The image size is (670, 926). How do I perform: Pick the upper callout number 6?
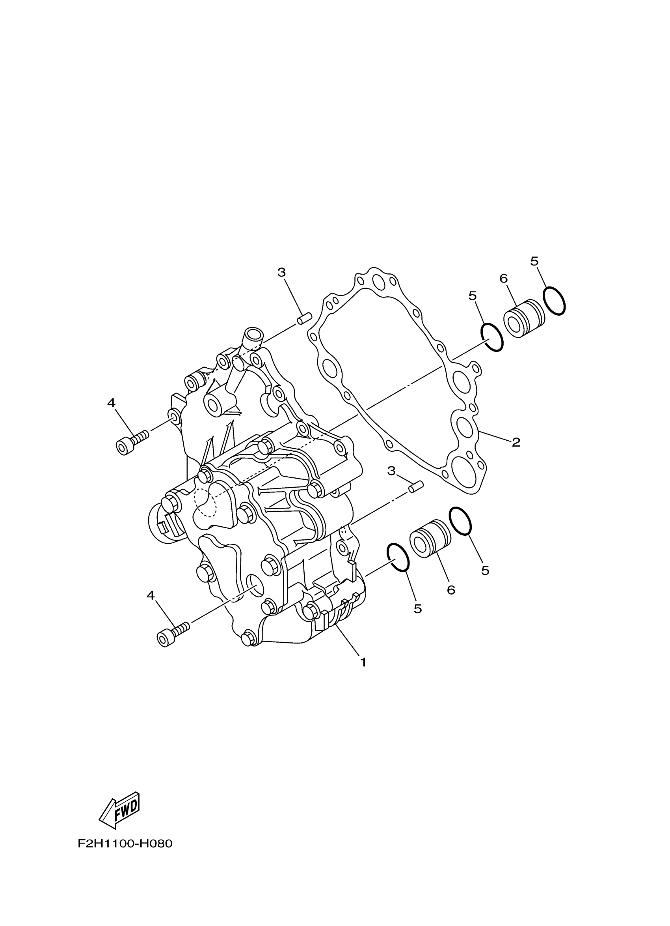[x=504, y=279]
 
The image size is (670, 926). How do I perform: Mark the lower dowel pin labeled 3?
[x=416, y=487]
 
